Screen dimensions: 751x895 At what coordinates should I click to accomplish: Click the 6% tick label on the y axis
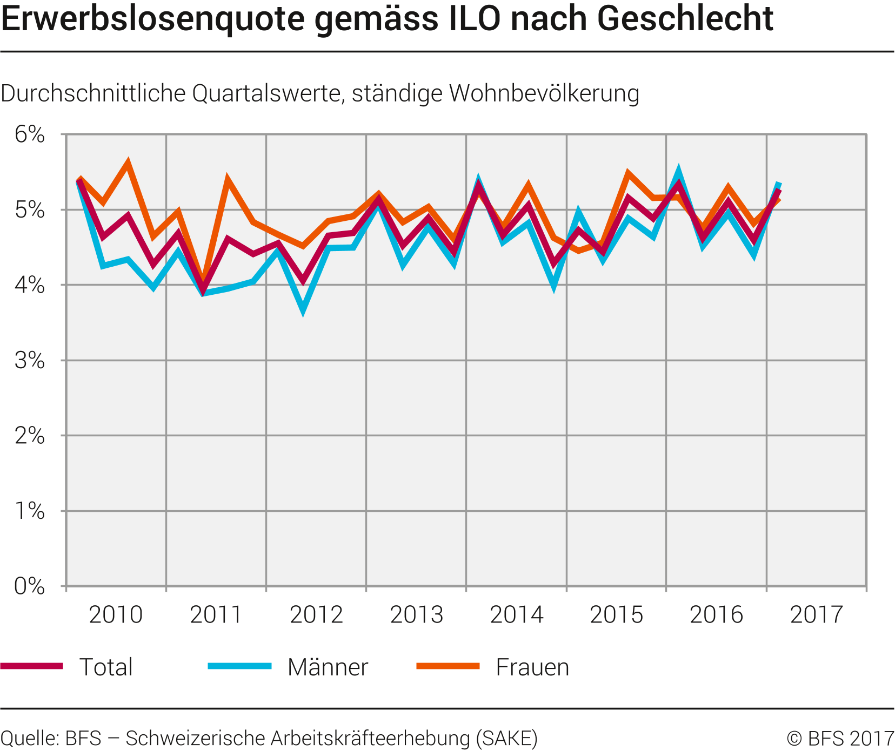(x=30, y=134)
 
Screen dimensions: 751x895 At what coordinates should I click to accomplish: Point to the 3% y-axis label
(x=30, y=360)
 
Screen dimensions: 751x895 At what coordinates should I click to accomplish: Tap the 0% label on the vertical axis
(x=30, y=586)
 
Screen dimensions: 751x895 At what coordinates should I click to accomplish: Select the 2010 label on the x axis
(x=116, y=615)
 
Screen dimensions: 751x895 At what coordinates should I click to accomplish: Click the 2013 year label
(x=416, y=615)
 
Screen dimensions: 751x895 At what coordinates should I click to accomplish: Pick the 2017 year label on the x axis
(x=816, y=615)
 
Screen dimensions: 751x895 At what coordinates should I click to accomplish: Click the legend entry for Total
(x=106, y=667)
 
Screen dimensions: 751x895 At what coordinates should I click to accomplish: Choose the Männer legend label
(x=328, y=667)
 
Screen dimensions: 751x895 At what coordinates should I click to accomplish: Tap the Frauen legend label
(x=532, y=667)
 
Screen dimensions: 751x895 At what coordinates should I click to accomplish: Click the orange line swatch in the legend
(x=448, y=666)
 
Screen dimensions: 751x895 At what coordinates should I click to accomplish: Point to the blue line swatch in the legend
(x=239, y=666)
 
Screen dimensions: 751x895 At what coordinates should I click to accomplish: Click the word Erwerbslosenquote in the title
(x=153, y=19)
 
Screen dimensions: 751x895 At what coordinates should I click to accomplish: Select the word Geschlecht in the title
(x=685, y=19)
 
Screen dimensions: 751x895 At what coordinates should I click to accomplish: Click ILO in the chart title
(x=472, y=19)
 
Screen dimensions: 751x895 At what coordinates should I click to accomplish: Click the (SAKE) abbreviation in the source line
(x=506, y=738)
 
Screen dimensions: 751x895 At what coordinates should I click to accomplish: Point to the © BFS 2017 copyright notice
(x=840, y=738)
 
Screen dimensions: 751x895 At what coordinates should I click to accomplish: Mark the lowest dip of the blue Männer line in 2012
(x=303, y=310)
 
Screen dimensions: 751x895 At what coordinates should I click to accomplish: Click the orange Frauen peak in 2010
(x=128, y=162)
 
